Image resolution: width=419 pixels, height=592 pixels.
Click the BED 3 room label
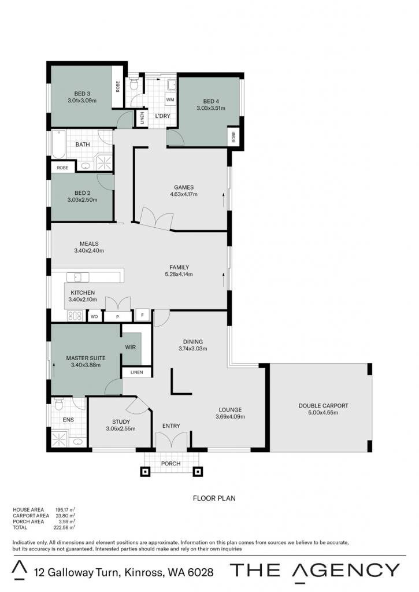tap(82, 94)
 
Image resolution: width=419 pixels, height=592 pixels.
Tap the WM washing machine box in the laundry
tap(170, 99)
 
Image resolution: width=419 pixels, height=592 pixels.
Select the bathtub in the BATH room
tap(58, 144)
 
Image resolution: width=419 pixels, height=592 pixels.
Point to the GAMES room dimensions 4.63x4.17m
tap(184, 194)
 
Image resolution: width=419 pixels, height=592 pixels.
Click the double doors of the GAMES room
tap(156, 220)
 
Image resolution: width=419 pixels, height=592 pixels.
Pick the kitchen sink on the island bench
tap(78, 277)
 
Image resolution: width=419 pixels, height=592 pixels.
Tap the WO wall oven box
tap(94, 316)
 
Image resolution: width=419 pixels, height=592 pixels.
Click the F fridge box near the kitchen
tap(142, 315)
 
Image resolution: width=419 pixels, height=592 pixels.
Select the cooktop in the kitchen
tap(75, 316)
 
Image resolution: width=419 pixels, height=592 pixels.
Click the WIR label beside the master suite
tap(131, 347)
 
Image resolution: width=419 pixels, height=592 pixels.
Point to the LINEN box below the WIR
tap(136, 372)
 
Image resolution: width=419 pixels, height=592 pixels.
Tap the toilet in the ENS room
tap(58, 404)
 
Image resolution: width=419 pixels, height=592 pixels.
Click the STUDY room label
tap(121, 421)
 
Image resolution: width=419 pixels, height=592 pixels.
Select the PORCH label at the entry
tap(170, 463)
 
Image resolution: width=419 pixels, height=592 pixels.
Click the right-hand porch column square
tap(198, 472)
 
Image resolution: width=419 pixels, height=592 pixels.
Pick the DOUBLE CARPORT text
tap(323, 405)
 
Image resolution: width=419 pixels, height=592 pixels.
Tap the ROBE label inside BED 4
tap(233, 136)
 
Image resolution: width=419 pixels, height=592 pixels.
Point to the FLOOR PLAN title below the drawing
tap(214, 498)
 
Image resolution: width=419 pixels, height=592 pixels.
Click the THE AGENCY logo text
tap(315, 571)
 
